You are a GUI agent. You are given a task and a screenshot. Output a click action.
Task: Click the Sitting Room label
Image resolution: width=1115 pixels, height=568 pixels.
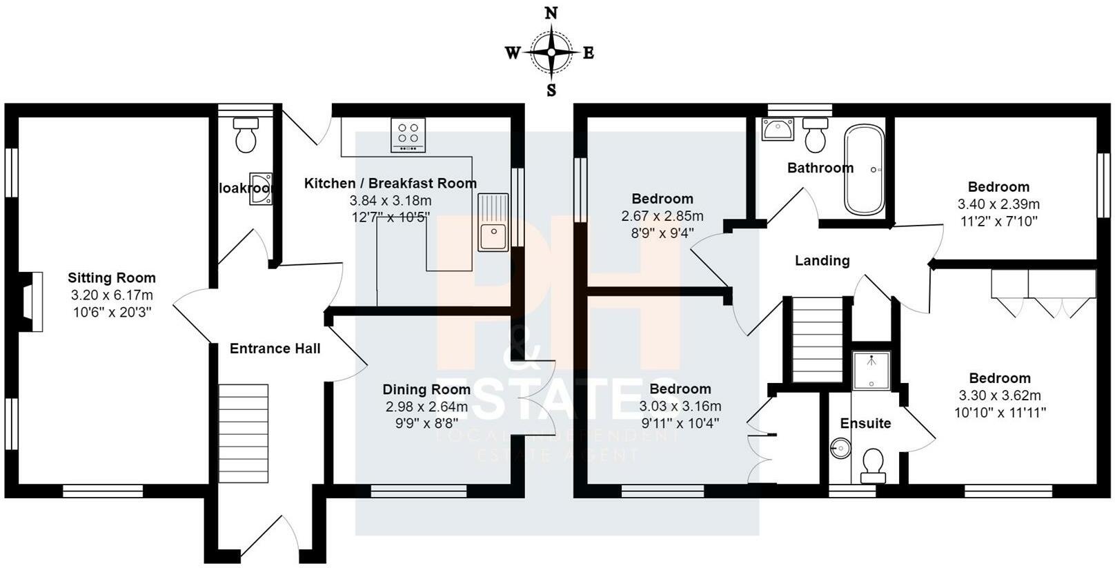(112, 278)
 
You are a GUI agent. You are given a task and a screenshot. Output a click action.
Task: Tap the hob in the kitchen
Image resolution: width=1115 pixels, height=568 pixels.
(408, 134)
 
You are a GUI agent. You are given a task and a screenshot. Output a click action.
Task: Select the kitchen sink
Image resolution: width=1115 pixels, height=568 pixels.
(493, 222)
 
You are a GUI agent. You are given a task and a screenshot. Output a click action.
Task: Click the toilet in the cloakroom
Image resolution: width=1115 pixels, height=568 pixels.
(246, 134)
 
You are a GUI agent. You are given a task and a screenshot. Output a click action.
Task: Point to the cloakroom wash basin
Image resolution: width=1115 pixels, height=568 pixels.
(262, 189)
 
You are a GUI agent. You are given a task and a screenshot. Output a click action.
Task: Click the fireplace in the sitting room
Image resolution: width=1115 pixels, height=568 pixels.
(30, 302)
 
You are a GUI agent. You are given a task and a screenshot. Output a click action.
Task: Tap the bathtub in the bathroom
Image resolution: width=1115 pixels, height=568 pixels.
(864, 170)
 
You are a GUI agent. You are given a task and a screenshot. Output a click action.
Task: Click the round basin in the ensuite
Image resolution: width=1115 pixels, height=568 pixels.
(840, 449)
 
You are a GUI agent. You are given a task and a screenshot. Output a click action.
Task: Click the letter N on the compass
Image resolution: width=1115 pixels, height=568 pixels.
(551, 13)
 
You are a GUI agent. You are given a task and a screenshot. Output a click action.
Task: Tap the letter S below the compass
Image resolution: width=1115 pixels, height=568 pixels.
(551, 90)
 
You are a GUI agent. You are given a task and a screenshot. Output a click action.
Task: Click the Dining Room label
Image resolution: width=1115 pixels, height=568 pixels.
(426, 390)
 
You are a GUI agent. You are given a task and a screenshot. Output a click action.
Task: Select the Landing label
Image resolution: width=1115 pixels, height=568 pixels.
(822, 261)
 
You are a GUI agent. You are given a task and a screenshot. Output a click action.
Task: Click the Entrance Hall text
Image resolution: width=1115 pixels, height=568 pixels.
(275, 349)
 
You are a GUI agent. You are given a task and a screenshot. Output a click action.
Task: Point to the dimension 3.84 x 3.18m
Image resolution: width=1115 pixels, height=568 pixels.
(390, 201)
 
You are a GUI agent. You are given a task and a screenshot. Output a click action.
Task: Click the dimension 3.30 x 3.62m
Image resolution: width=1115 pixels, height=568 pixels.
(1000, 396)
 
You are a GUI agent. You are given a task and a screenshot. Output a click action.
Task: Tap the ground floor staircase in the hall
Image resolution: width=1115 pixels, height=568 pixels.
(244, 433)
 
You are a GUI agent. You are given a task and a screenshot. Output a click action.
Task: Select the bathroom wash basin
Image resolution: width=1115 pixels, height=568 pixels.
(778, 129)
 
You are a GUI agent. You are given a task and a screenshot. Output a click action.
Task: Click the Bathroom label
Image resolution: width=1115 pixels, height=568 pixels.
(820, 168)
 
